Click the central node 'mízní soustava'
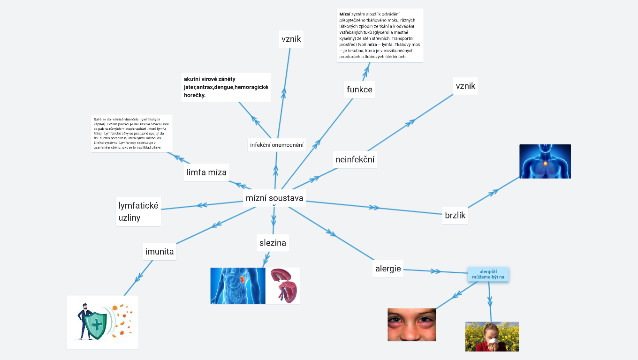coord(274,198)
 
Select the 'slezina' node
coord(273,243)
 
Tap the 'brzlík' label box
coord(455,215)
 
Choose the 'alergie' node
coord(388,269)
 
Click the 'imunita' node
coord(159,252)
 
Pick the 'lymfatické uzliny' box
coord(138,211)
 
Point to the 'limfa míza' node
coord(206,172)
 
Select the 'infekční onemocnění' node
coord(277,145)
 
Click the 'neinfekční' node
coord(355,159)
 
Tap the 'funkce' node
coord(359,89)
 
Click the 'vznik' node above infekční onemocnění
coord(291,39)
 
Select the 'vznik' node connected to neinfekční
coord(465,86)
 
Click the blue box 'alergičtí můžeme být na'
coord(488,274)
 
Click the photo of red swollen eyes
coord(411,324)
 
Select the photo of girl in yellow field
coord(492,336)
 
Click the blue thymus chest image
coord(545,161)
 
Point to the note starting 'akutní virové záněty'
coord(226,87)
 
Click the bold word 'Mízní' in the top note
coord(345,14)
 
